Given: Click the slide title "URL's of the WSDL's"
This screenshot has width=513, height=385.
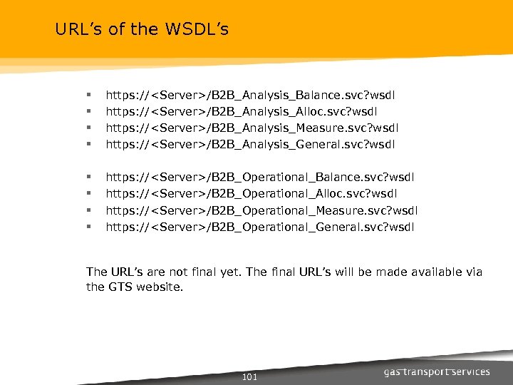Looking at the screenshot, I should click(142, 30).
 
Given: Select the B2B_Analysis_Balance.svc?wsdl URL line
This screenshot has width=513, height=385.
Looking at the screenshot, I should click(251, 94).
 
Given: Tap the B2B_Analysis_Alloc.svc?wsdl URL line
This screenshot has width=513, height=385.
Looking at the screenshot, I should click(242, 111).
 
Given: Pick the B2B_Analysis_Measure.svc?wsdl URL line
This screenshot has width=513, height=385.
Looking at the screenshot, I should click(252, 128).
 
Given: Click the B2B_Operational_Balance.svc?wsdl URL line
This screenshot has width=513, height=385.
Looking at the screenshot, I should click(260, 177).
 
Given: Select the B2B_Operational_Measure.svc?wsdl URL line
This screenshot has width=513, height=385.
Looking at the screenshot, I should click(261, 210).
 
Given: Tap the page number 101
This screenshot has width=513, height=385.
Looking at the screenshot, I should click(249, 376).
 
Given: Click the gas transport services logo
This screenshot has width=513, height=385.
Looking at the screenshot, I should click(437, 371).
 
